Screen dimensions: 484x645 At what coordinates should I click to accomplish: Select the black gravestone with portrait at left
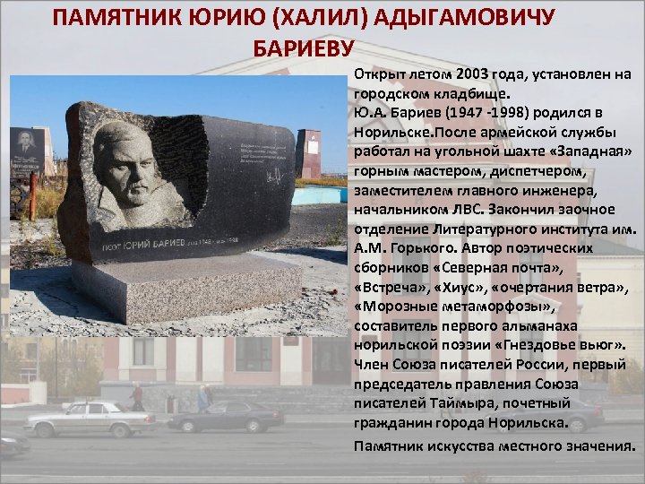coord(32,151)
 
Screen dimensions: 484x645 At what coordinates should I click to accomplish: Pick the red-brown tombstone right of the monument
coord(308,152)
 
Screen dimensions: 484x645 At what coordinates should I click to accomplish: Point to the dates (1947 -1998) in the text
coord(459,111)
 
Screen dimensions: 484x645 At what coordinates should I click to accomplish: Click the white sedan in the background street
coord(89,417)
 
